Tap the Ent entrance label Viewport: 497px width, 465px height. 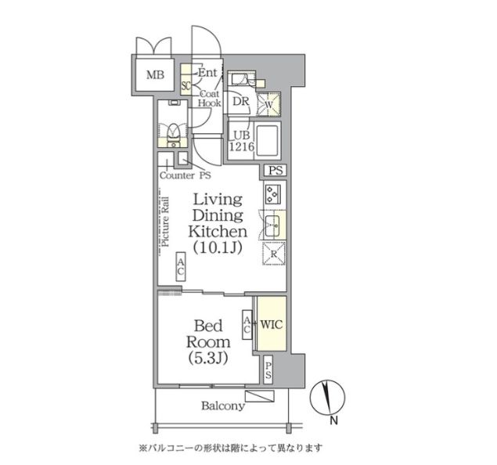pos(207,73)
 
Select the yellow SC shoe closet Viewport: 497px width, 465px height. pos(186,85)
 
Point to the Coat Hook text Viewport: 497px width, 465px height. pos(208,97)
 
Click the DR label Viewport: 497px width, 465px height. pos(239,100)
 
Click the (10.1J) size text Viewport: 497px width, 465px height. pos(218,248)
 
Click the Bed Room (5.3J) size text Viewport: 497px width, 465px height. pos(207,359)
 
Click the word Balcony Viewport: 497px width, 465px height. pos(223,406)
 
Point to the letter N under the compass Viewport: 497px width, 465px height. pos(333,424)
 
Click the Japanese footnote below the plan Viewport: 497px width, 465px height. pos(230,449)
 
